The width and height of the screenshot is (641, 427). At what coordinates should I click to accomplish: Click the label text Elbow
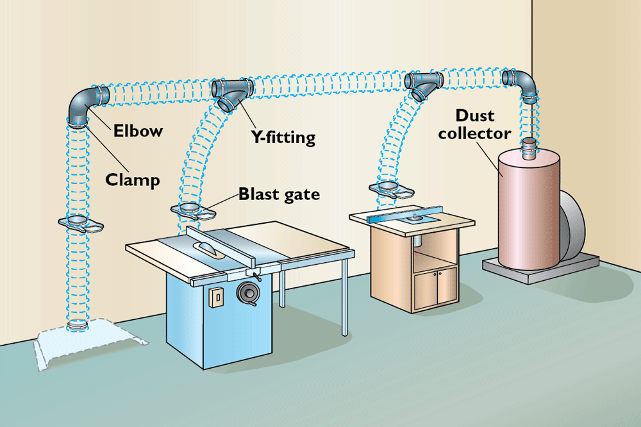pos(138,131)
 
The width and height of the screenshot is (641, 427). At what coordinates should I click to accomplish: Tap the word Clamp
pos(132,180)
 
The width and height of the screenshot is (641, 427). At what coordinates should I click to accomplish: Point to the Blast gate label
pos(279,194)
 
